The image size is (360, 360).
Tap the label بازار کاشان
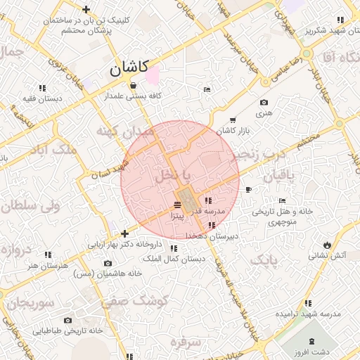click(233, 131)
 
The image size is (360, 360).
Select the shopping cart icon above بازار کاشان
click(233, 120)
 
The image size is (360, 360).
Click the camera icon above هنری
click(264, 103)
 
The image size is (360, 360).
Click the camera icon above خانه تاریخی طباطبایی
click(68, 320)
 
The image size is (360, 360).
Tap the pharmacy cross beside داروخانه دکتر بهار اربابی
click(124, 233)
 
